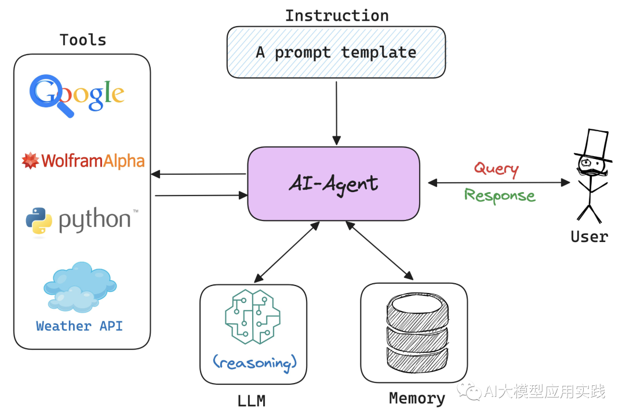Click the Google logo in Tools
[x=77, y=95]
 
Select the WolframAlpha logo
[x=83, y=161]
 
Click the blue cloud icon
[x=80, y=287]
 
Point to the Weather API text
[x=79, y=326]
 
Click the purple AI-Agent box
[x=333, y=184]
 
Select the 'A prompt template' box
[x=336, y=52]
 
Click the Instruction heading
[x=337, y=15]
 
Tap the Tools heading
[x=83, y=40]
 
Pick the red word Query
[x=496, y=169]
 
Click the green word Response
[x=500, y=195]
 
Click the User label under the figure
[x=589, y=236]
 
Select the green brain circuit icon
[x=253, y=317]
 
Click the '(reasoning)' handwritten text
[x=254, y=363]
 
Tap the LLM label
[x=252, y=400]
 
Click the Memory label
[x=417, y=399]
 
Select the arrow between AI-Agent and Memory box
[x=379, y=251]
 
